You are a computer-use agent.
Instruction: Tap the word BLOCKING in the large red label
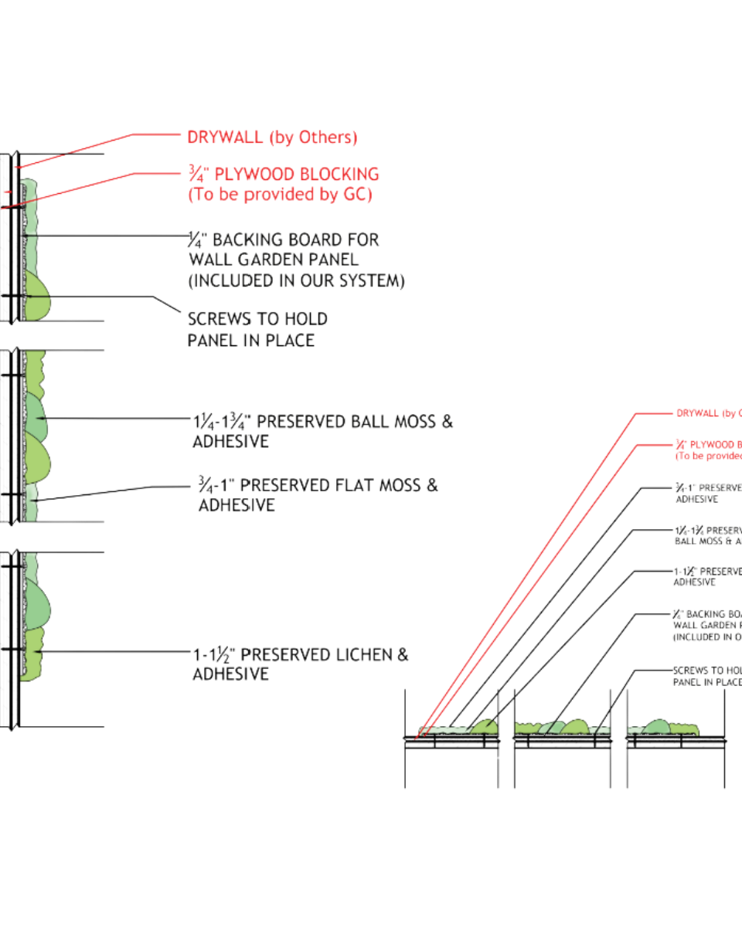pos(339,174)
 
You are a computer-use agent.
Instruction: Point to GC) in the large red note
pos(357,195)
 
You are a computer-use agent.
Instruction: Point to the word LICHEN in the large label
pos(360,655)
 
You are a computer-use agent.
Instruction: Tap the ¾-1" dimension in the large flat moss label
pos(217,485)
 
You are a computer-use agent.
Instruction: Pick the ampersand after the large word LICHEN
pos(403,655)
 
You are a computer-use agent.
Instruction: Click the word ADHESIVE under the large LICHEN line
pos(230,674)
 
